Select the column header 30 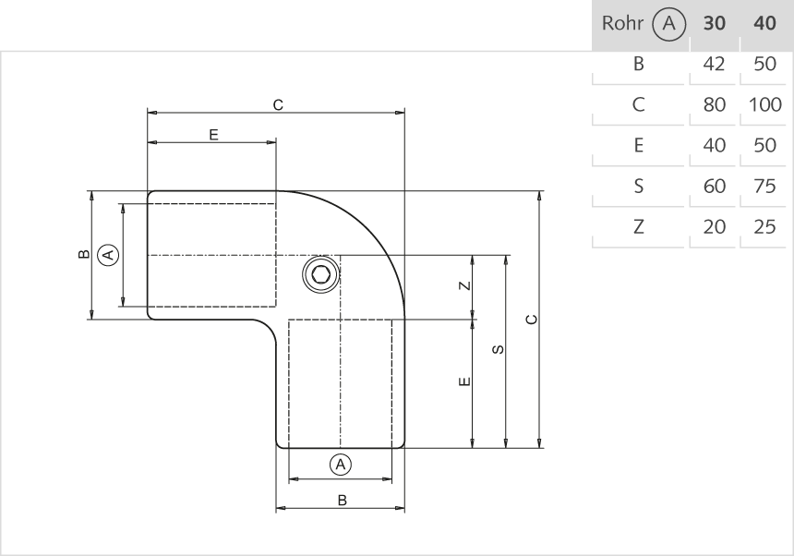[x=714, y=25]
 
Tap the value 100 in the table [x=765, y=104]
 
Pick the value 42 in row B [x=714, y=65]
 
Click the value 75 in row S [x=764, y=186]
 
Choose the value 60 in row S [x=714, y=186]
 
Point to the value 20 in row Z [x=714, y=226]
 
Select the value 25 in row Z [x=764, y=226]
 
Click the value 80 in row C [x=714, y=104]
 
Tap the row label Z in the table [x=638, y=226]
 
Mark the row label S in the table [x=638, y=186]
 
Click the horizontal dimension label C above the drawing [x=277, y=105]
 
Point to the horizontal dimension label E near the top [x=212, y=135]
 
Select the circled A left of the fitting [x=108, y=254]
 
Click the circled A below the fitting [x=341, y=465]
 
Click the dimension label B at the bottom [x=341, y=501]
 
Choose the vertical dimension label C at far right [x=531, y=320]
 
